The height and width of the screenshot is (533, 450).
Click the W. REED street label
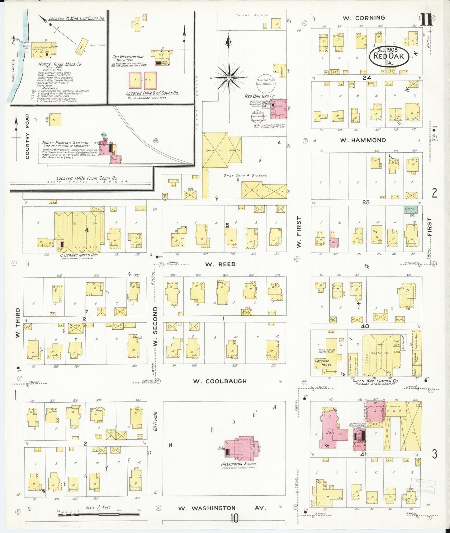click(x=220, y=264)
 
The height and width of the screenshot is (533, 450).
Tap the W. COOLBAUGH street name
click(x=220, y=381)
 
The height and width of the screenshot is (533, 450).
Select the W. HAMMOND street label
click(x=363, y=140)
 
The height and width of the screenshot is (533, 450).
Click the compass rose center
click(x=229, y=77)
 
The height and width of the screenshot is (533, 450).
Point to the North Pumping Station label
click(x=65, y=143)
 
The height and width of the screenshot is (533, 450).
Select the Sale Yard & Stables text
click(x=245, y=175)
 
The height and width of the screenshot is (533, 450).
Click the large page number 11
click(x=426, y=20)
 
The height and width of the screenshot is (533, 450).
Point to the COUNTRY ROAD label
click(x=27, y=136)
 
